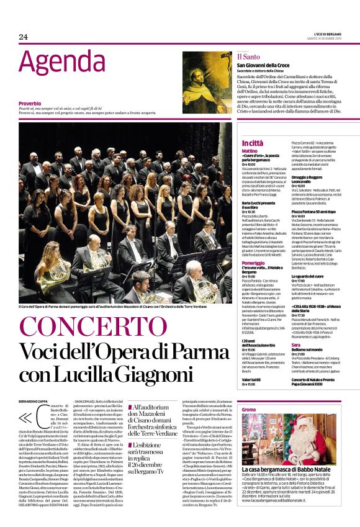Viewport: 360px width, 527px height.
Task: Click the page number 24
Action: click(x=24, y=37)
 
